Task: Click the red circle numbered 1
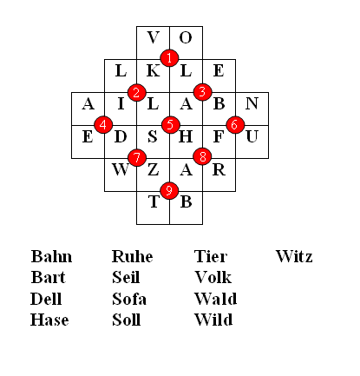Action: coord(169,58)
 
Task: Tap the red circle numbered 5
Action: coord(171,124)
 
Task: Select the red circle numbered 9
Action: coord(169,190)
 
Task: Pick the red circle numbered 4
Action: coord(103,124)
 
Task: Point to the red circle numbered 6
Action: coord(235,124)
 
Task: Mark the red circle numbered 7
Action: coord(137,157)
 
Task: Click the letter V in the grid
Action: coord(153,37)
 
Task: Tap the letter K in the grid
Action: coord(154,70)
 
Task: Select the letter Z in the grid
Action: coord(154,169)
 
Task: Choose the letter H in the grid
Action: coord(186,136)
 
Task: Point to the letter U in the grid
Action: coord(252,136)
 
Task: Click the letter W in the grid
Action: coord(121,169)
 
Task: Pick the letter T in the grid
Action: coord(154,201)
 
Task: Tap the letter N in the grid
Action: coord(252,103)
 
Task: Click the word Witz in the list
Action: coord(294,256)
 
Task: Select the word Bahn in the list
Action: coord(51,256)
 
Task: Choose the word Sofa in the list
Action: coord(129,299)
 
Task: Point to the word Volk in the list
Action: coord(213,277)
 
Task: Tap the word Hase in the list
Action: coord(49,320)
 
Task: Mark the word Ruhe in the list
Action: coord(133,256)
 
